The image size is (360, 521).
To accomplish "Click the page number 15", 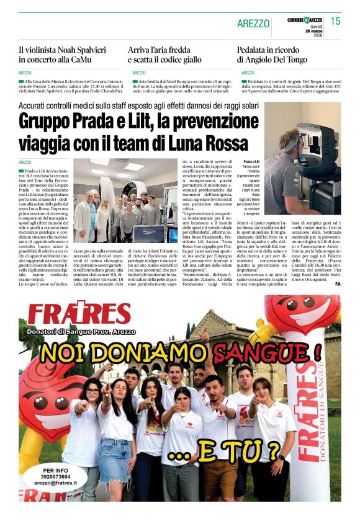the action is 335,21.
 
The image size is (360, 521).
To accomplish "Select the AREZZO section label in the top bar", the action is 253,24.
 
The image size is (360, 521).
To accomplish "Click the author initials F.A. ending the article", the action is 338,284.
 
